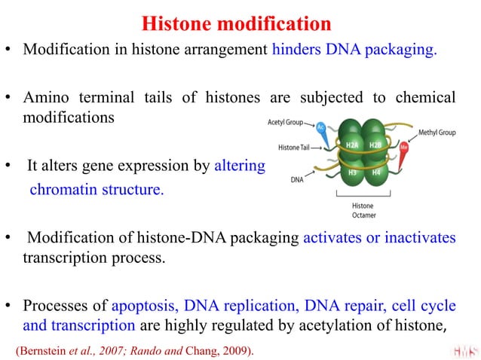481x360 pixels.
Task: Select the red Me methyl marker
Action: tap(405, 148)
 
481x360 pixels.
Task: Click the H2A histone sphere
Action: tap(351, 144)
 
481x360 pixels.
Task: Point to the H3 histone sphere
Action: tap(351, 172)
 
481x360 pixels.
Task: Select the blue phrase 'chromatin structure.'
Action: tap(96, 189)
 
